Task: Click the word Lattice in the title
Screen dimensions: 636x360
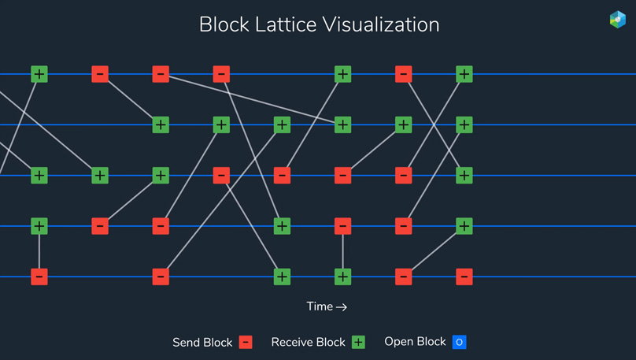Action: click(x=286, y=24)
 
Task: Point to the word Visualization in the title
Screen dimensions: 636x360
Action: click(x=381, y=24)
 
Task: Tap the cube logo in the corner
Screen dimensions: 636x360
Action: click(x=618, y=20)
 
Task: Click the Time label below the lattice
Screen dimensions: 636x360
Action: click(x=320, y=306)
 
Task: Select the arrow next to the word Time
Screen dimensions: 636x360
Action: click(x=342, y=307)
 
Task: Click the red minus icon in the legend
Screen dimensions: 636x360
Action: click(x=246, y=342)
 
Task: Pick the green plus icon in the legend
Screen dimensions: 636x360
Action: click(x=358, y=342)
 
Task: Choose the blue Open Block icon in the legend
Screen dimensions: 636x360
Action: click(x=460, y=342)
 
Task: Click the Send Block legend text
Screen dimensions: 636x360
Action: click(x=202, y=343)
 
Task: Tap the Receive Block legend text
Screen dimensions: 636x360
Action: click(x=309, y=342)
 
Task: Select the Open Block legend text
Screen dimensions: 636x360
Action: click(x=415, y=342)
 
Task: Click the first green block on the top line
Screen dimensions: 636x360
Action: click(x=39, y=74)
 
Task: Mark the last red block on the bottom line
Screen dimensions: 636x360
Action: click(x=464, y=276)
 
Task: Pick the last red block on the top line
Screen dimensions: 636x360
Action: click(x=404, y=74)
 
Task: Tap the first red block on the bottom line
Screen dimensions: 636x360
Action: click(x=39, y=276)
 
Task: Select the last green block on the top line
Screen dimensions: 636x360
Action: click(x=464, y=74)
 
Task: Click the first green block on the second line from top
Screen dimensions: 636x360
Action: click(x=161, y=125)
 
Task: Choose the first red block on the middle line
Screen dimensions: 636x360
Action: click(x=221, y=176)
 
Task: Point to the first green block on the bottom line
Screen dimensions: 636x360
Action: click(x=282, y=276)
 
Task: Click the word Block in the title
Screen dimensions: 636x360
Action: click(x=224, y=24)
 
